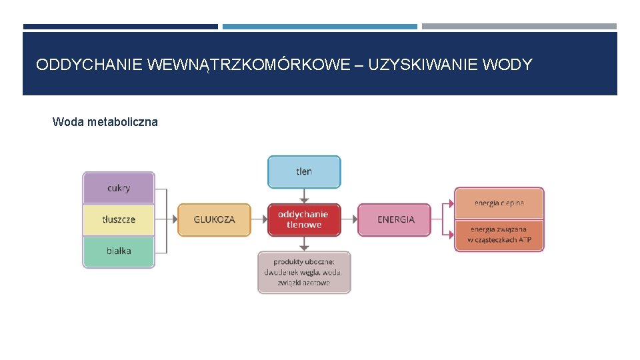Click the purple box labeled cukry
pos(119,188)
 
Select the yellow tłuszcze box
pos(119,219)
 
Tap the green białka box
pos(119,251)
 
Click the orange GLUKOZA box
pos(214,219)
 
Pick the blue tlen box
pos(304,171)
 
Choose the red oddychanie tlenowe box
pos(304,219)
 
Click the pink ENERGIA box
pos(395,219)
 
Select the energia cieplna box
pos(499,203)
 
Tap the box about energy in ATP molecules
pos(499,235)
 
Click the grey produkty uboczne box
pos(304,272)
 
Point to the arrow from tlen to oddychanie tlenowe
pos(304,195)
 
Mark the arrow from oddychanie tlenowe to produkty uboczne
pos(304,244)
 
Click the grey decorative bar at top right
pos(519,27)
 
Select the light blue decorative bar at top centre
pos(320,27)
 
